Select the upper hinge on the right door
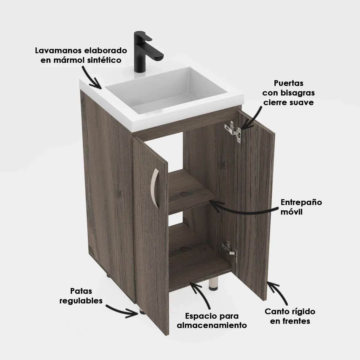point(233,131)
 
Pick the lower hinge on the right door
point(230,251)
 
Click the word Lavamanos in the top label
point(58,50)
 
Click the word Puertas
point(288,83)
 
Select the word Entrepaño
point(301,202)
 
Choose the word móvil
point(291,212)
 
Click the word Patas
point(81,291)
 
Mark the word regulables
point(81,301)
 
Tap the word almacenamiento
point(212,325)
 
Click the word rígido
point(302,311)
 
